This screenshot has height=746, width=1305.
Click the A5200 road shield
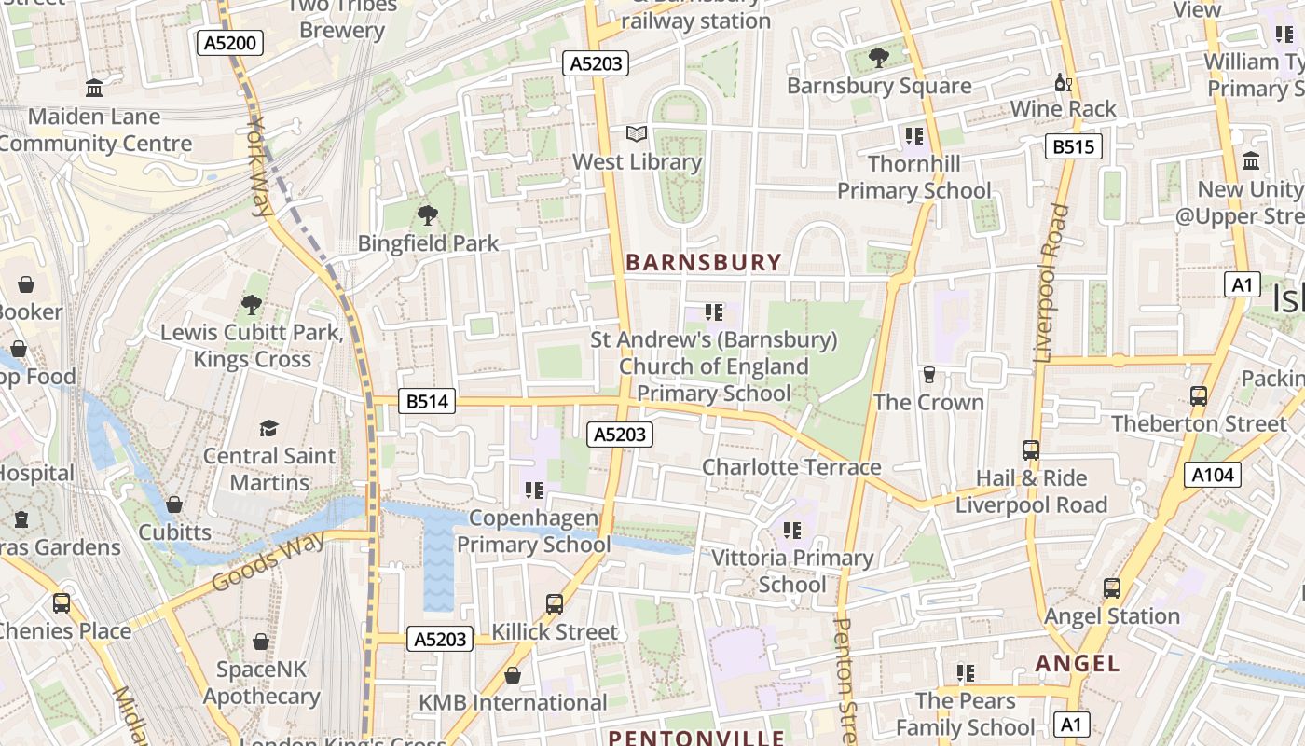coord(230,42)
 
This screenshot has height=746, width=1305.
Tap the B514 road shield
coord(428,401)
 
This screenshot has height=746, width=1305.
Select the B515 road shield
coord(1073,146)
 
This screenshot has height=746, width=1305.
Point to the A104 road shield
coord(1213,475)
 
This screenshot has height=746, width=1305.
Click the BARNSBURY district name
coord(703,262)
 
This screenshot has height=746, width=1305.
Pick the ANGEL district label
coord(1078,663)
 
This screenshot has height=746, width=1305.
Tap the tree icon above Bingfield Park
coord(428,215)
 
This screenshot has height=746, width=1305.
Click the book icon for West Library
coord(637,134)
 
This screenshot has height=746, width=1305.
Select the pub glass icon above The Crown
coord(928,375)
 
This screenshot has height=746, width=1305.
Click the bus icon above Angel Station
coord(1112,588)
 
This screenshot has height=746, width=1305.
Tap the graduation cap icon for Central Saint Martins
coord(268,428)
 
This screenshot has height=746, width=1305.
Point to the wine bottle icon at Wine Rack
coord(1063,83)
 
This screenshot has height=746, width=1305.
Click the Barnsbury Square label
coord(879,86)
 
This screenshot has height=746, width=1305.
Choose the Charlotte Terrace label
coord(790,466)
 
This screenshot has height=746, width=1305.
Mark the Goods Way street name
coord(268,561)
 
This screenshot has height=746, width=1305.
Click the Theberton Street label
coord(1198,423)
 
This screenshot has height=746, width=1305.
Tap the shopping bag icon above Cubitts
coord(174,504)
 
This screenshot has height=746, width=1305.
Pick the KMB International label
coord(512,702)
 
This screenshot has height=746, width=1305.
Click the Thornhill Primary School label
coord(913,177)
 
